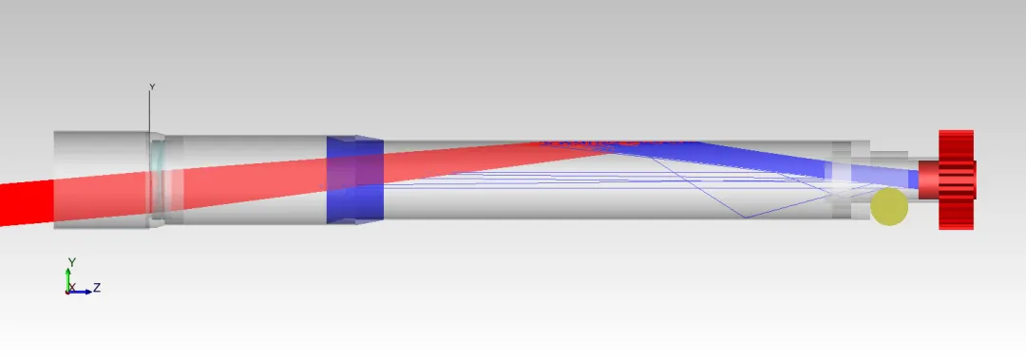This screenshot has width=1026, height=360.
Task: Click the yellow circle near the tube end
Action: click(x=889, y=206)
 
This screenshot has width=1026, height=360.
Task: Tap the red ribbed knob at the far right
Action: click(x=957, y=180)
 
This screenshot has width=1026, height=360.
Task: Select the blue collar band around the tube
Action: click(x=354, y=180)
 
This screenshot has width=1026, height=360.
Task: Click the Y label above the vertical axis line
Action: click(x=152, y=87)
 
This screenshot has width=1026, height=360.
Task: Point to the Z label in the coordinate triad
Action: click(x=97, y=288)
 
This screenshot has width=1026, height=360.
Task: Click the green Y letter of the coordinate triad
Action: click(x=72, y=262)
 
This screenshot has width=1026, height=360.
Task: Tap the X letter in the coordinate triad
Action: click(x=72, y=288)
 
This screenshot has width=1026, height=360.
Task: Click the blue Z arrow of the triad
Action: click(x=80, y=292)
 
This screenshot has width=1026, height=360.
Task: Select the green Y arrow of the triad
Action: click(x=68, y=279)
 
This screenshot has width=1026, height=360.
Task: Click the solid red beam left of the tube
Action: click(x=27, y=203)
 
